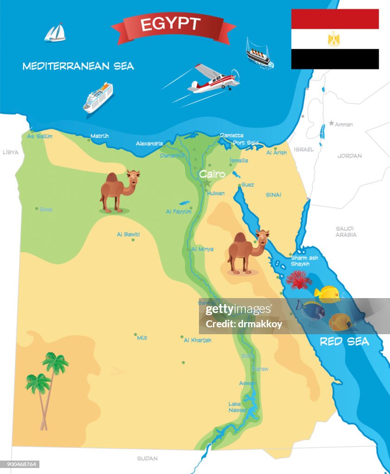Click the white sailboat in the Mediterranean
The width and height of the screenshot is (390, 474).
click(55, 32)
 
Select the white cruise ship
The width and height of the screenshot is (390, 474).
click(98, 97)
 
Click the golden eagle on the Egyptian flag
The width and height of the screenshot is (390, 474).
click(334, 39)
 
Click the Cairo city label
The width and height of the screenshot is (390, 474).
click(212, 175)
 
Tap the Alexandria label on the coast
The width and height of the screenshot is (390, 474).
click(149, 144)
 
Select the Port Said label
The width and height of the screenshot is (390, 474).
click(245, 143)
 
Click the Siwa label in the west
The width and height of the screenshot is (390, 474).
click(45, 210)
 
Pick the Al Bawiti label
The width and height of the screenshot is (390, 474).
click(128, 235)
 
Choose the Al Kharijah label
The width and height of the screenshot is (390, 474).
click(198, 340)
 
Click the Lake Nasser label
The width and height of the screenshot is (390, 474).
click(235, 407)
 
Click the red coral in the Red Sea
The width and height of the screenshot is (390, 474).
click(299, 280)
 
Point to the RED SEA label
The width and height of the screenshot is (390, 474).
click(345, 342)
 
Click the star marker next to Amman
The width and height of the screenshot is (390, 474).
click(331, 123)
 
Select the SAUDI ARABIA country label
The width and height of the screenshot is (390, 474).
click(346, 231)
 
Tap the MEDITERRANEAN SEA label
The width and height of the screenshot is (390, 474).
click(78, 66)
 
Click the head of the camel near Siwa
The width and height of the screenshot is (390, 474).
click(133, 177)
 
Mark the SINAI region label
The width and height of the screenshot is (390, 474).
click(273, 195)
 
